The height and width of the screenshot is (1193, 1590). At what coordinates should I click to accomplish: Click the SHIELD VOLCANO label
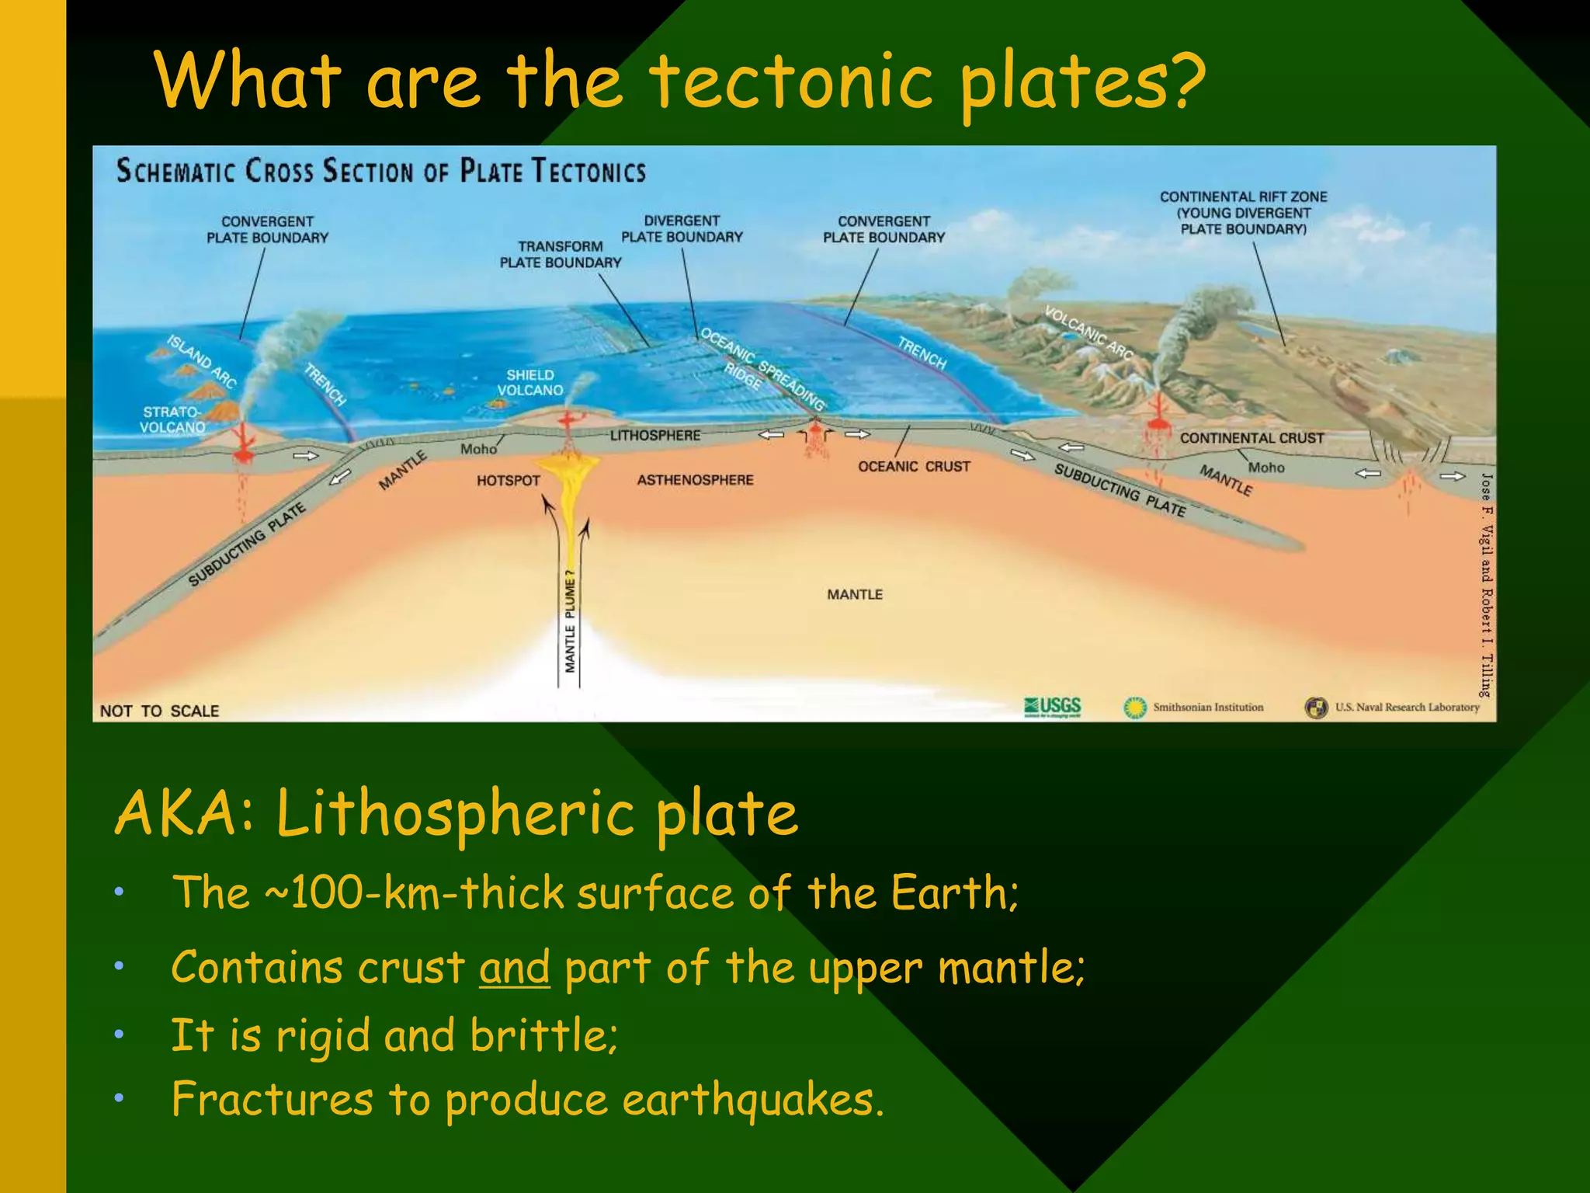[x=530, y=382]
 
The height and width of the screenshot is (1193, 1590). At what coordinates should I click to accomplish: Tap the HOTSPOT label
[x=508, y=481]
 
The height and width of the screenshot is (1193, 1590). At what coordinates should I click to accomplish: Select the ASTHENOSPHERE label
[x=695, y=480]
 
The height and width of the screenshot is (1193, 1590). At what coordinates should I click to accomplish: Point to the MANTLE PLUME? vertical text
[x=571, y=625]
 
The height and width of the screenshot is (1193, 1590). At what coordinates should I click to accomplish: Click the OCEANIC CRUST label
[x=914, y=466]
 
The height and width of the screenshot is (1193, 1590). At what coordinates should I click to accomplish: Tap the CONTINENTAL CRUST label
[x=1252, y=438]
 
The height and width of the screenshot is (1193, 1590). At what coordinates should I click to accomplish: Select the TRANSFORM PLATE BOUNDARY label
[x=561, y=255]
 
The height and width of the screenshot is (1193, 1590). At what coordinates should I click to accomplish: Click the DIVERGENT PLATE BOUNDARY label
[x=682, y=229]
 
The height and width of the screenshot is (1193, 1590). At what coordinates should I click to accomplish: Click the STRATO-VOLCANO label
[x=172, y=419]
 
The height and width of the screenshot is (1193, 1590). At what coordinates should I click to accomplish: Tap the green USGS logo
[x=1054, y=707]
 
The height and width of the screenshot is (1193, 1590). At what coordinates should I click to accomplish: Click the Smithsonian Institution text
[x=1208, y=707]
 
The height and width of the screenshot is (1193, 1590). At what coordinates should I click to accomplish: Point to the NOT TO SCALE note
[x=159, y=711]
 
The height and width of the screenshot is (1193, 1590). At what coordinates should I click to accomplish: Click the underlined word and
[x=515, y=968]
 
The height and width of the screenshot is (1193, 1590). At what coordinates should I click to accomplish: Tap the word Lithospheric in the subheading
[x=456, y=814]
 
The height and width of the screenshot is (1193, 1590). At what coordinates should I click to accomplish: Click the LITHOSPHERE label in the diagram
[x=654, y=436]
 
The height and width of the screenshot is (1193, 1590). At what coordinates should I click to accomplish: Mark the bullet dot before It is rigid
[x=119, y=1035]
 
